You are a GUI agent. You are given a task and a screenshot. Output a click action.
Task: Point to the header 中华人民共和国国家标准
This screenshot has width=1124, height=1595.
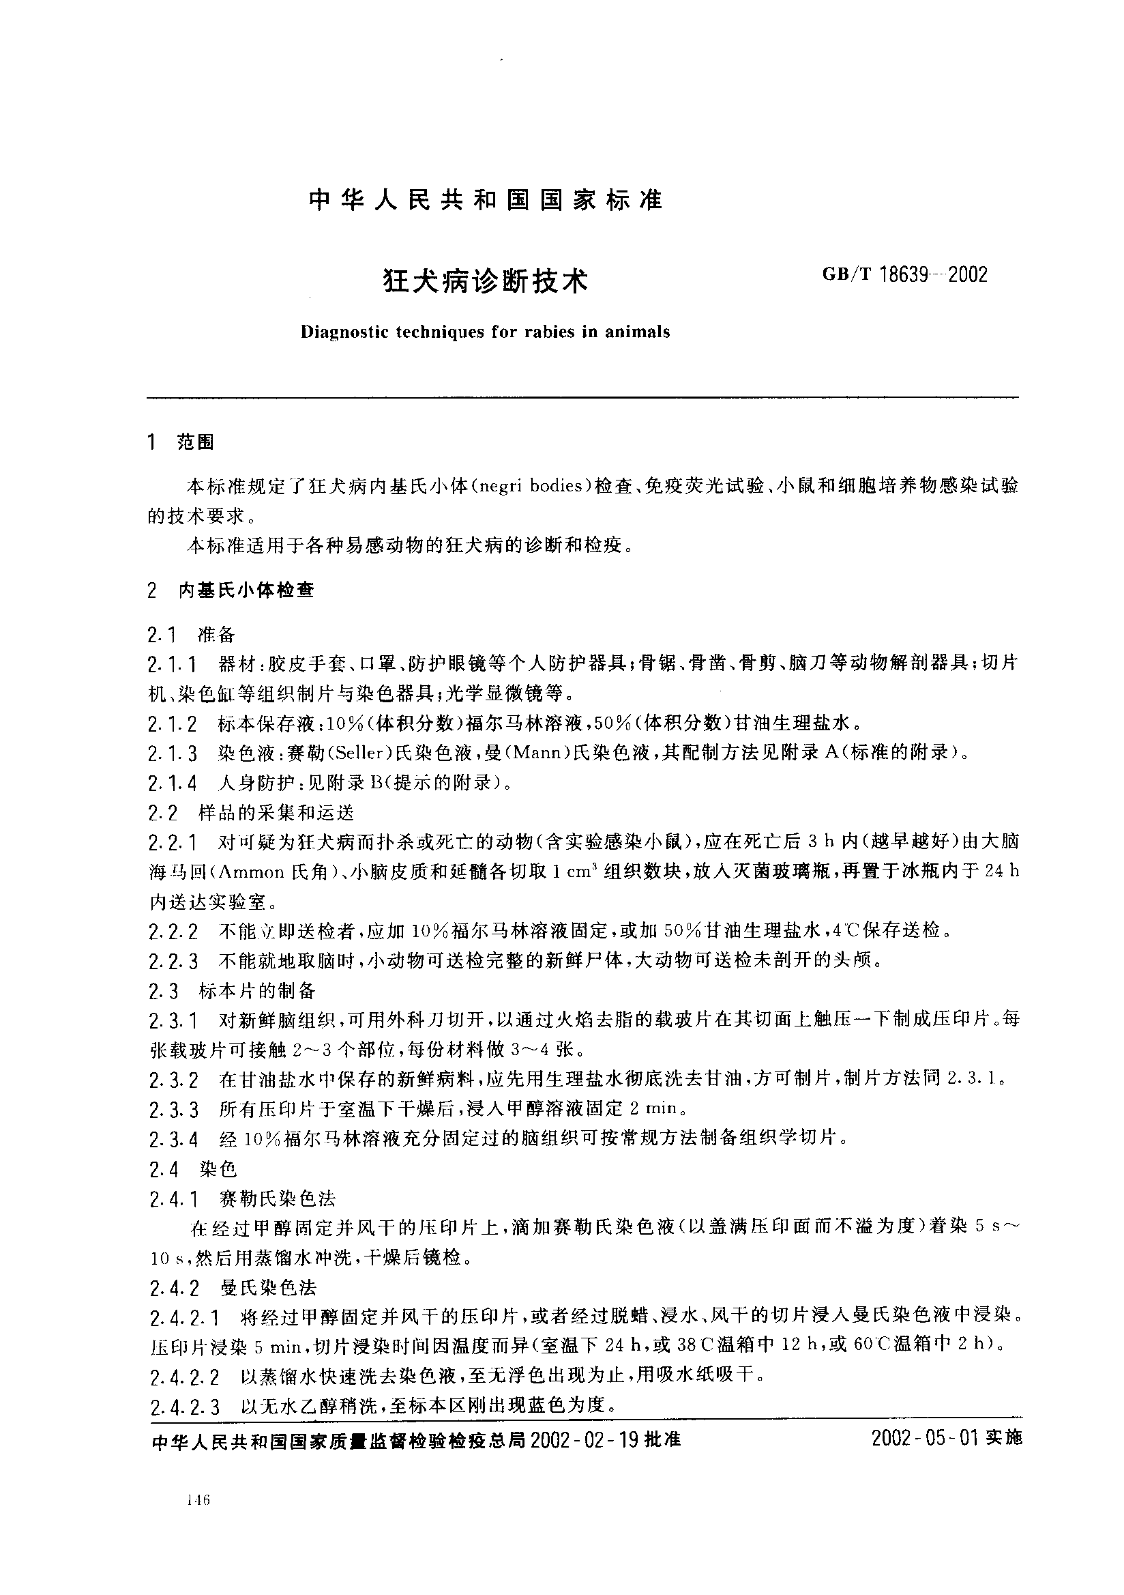[x=486, y=201]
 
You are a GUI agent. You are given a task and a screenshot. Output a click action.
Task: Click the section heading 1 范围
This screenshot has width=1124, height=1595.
[x=181, y=442]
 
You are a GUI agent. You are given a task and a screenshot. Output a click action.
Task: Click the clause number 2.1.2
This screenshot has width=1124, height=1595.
[x=172, y=724]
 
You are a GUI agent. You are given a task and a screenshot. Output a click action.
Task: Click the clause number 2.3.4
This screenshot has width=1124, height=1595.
[x=173, y=1140]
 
